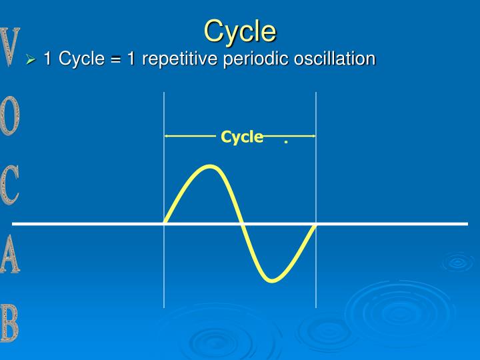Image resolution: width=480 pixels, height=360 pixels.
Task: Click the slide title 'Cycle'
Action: click(x=240, y=31)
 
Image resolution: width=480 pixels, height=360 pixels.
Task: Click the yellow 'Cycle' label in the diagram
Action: click(x=242, y=137)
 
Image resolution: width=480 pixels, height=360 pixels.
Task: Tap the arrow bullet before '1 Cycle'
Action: click(x=31, y=59)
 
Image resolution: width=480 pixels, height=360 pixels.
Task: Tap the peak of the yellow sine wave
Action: click(x=210, y=167)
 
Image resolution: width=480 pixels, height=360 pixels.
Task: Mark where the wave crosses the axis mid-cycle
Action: click(x=241, y=223)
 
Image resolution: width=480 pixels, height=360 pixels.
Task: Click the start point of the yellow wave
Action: click(x=165, y=223)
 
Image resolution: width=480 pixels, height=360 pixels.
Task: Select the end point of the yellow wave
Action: click(x=315, y=223)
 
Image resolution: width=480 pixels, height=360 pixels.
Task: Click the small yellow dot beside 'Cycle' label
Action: click(x=286, y=142)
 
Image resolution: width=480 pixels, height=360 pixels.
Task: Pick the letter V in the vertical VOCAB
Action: click(x=9, y=47)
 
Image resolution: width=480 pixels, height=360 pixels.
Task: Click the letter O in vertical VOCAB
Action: click(x=9, y=116)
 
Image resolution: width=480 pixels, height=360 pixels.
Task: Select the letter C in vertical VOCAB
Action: click(x=9, y=185)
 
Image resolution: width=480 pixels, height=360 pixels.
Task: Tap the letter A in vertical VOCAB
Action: click(x=9, y=254)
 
